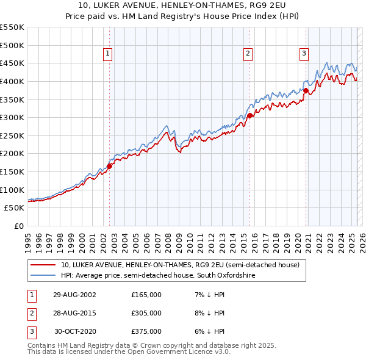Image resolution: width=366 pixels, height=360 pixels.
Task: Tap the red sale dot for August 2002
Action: point(109,165)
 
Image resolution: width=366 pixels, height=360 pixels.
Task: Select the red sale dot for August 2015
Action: point(249,115)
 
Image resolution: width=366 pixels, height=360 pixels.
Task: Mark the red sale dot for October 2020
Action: point(306,90)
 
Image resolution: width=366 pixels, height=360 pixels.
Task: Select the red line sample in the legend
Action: point(43,265)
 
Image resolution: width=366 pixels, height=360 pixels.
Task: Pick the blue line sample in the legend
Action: point(43,276)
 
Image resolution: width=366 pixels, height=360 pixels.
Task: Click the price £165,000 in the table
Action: point(146,295)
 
